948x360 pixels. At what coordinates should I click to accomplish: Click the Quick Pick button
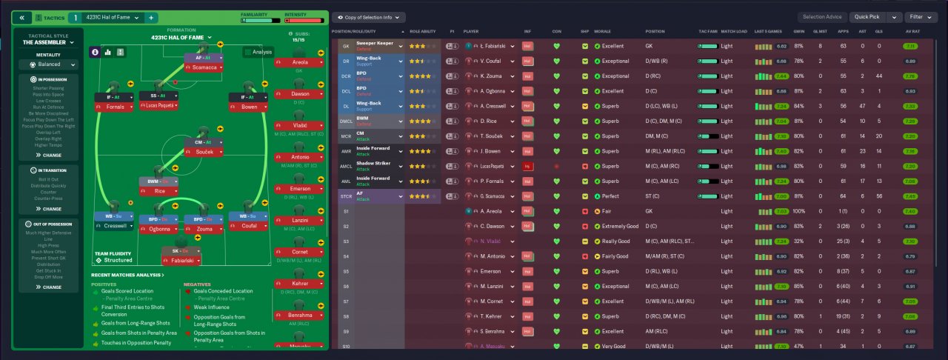click(x=866, y=16)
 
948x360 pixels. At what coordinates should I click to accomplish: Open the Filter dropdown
click(x=921, y=16)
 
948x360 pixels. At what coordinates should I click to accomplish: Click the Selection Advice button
click(x=823, y=16)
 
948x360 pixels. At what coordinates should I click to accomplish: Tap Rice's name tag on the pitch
click(x=160, y=191)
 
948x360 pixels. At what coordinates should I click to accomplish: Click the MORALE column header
click(x=602, y=32)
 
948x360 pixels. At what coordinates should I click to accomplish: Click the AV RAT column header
click(x=912, y=32)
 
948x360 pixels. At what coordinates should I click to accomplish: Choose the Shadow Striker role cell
click(x=378, y=166)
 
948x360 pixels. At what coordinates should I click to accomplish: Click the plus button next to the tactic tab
click(x=150, y=17)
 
